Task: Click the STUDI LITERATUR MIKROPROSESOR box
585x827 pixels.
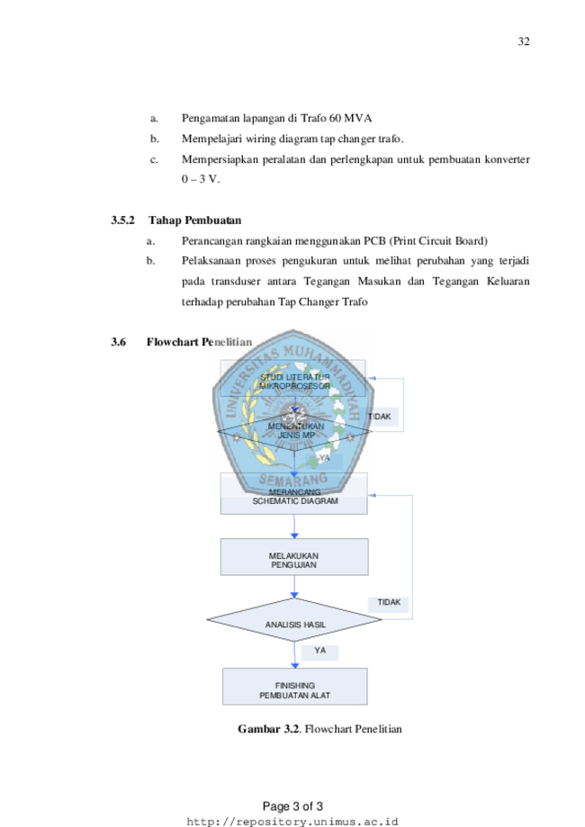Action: [293, 381]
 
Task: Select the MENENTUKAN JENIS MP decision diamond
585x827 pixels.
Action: [294, 430]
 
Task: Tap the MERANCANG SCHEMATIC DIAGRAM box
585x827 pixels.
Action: [293, 496]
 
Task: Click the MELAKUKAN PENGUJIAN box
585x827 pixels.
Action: [293, 557]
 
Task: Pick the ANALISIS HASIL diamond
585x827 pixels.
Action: [294, 621]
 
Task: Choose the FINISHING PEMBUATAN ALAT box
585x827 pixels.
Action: [294, 687]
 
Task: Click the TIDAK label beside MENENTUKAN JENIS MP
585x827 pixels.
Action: [380, 417]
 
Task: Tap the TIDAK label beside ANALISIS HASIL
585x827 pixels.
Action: [389, 603]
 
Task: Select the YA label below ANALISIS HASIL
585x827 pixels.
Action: [319, 651]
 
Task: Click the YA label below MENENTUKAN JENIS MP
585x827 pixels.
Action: [324, 459]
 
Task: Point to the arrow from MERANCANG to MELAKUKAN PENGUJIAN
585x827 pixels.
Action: [294, 526]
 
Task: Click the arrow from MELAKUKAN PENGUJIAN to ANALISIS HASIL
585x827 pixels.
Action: [294, 587]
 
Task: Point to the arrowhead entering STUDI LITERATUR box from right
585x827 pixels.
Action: [370, 379]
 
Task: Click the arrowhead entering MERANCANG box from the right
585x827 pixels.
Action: [373, 495]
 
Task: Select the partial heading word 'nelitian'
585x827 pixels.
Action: [231, 342]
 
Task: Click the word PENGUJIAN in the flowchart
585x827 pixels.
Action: [293, 565]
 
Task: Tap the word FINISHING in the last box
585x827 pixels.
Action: [294, 686]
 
